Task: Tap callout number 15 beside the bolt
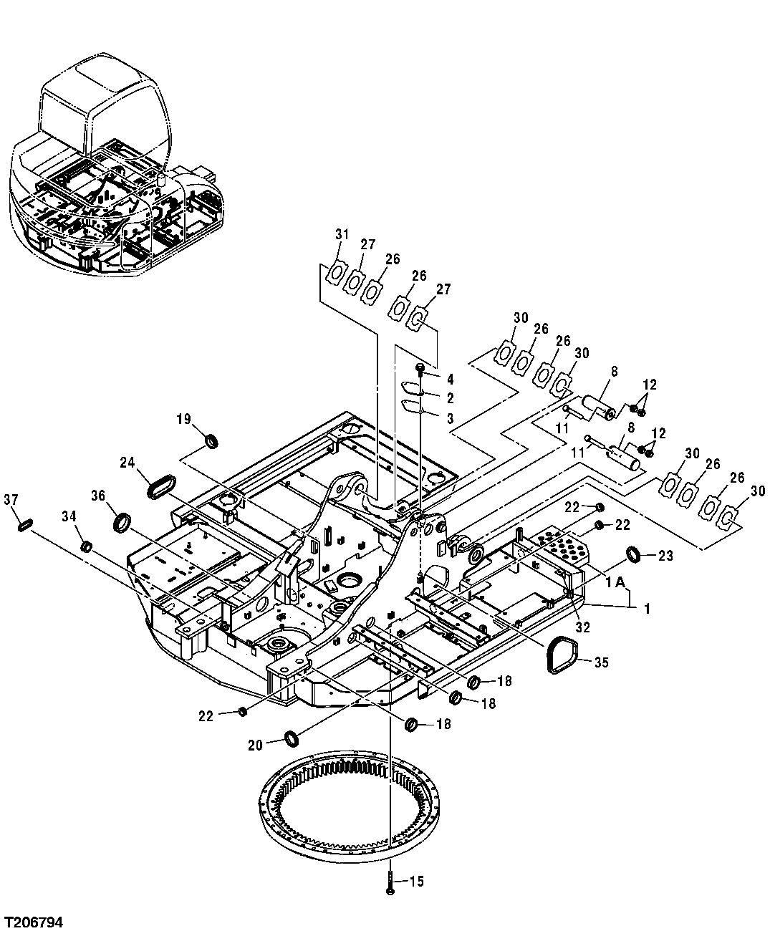pos(416,881)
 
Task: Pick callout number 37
pos(11,498)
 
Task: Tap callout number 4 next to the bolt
pos(450,378)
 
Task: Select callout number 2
pos(450,397)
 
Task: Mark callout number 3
pos(450,418)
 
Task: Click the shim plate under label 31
pos(335,273)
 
